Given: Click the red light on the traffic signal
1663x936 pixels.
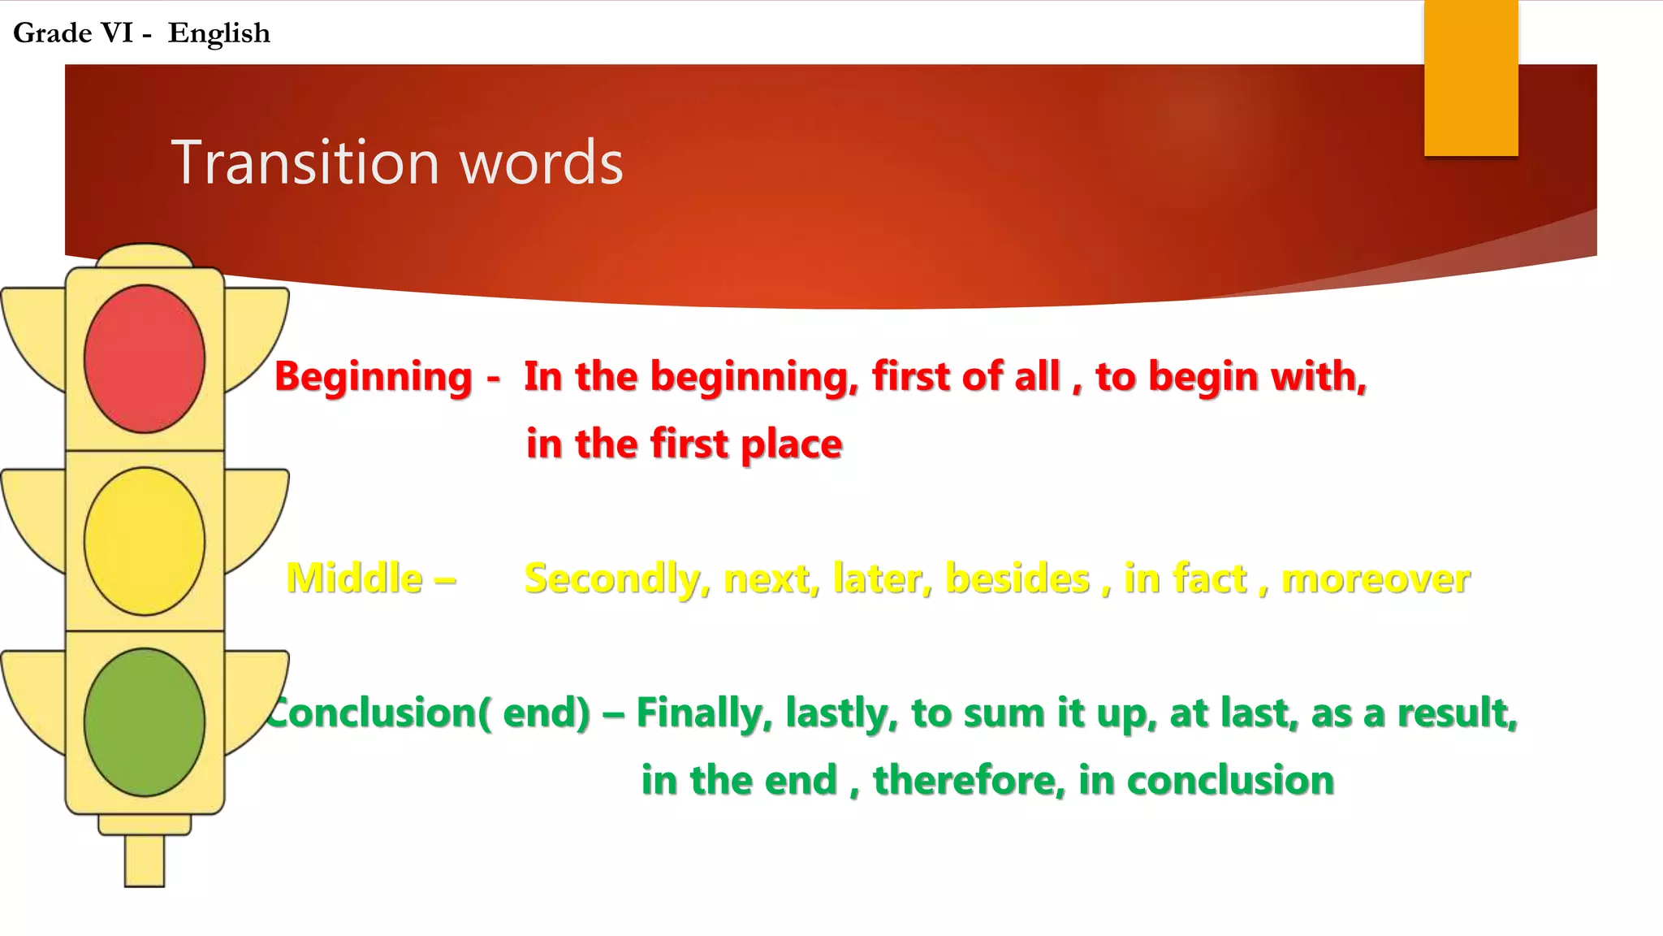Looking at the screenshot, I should pyautogui.click(x=145, y=358).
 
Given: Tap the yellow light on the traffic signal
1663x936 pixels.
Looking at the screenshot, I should pyautogui.click(x=145, y=541).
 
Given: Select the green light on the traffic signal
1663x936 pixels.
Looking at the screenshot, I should pyautogui.click(x=145, y=722).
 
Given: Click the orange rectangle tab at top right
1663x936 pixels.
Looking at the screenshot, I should pyautogui.click(x=1471, y=78).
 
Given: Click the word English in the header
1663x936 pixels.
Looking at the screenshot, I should pyautogui.click(x=218, y=33).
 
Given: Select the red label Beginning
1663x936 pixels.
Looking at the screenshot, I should pyautogui.click(x=374, y=377).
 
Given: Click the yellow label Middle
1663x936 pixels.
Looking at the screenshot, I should pyautogui.click(x=355, y=578).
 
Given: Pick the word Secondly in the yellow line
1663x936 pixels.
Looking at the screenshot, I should pyautogui.click(x=616, y=579).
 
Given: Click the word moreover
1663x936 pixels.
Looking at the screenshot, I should pyautogui.click(x=1376, y=579).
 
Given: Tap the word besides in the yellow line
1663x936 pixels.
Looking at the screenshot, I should pyautogui.click(x=1017, y=579).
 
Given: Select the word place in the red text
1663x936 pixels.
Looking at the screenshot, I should pyautogui.click(x=791, y=445).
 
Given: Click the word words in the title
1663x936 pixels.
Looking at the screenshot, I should pyautogui.click(x=542, y=162).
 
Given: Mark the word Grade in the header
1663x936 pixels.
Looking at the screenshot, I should pyautogui.click(x=53, y=33).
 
